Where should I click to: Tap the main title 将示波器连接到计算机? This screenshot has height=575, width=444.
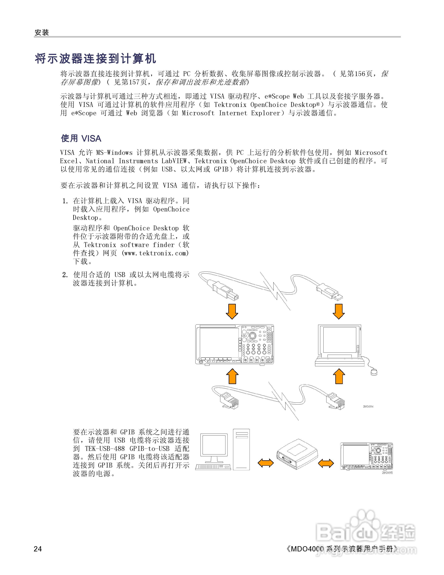tap(95, 58)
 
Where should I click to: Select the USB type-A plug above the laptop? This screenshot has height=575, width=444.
tap(330, 292)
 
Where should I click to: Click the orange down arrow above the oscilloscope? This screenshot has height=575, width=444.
tap(232, 311)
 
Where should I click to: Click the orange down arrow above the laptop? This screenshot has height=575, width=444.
tap(338, 311)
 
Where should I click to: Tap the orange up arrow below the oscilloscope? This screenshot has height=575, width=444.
tap(232, 376)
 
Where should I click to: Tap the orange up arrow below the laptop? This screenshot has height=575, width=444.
tap(339, 376)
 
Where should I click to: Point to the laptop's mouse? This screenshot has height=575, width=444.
tap(374, 372)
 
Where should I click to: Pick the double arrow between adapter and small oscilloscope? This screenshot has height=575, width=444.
tap(326, 463)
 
